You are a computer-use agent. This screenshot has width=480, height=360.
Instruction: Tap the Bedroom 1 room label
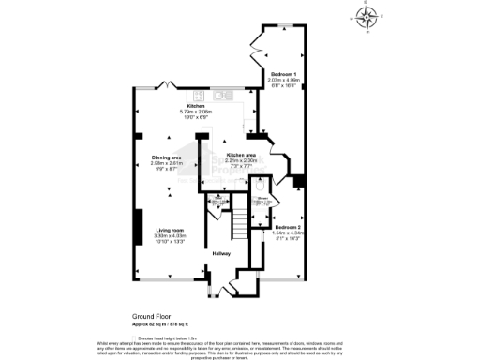[x=284, y=73]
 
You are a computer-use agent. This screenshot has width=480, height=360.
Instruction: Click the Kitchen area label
[x=242, y=154]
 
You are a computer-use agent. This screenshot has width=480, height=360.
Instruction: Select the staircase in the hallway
[x=243, y=223]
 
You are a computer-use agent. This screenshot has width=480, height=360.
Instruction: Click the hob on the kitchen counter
[x=199, y=95]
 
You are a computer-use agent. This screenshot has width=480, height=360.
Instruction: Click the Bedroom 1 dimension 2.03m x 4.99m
[x=284, y=80]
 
